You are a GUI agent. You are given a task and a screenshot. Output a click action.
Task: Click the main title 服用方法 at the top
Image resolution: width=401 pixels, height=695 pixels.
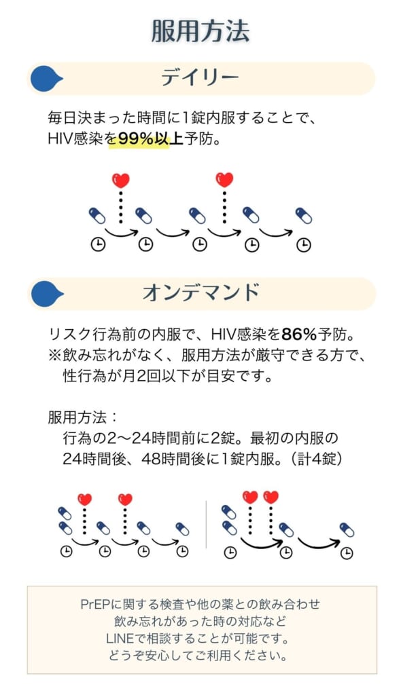(201, 31)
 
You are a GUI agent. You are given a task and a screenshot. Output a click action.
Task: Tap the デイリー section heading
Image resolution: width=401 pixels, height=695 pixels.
(200, 78)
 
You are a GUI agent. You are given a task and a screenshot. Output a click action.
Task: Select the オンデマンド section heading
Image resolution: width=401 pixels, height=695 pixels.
(201, 293)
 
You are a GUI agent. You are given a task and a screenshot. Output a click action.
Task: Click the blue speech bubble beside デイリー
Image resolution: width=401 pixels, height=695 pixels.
(46, 79)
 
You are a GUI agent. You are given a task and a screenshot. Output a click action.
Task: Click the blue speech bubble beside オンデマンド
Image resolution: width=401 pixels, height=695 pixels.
(46, 293)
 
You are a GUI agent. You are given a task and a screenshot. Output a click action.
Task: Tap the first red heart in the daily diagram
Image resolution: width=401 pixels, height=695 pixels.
(121, 181)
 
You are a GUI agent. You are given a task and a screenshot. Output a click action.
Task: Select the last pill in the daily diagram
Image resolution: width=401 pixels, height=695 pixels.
(304, 216)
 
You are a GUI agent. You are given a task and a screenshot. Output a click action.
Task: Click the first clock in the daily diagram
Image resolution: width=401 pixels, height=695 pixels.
(98, 244)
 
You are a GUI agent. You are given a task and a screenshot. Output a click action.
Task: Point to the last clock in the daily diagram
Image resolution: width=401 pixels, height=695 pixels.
(304, 244)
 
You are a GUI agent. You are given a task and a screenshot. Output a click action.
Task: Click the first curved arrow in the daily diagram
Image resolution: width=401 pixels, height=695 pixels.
(121, 232)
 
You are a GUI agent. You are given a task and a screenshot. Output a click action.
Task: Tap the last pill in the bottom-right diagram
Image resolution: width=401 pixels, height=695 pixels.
(347, 529)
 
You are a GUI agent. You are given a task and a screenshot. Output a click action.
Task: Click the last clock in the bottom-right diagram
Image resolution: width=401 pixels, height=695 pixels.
(347, 552)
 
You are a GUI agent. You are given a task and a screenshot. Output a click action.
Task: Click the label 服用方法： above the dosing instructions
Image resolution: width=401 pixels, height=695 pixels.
(83, 417)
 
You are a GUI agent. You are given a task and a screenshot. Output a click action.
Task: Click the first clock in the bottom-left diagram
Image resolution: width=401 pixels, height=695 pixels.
(66, 551)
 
